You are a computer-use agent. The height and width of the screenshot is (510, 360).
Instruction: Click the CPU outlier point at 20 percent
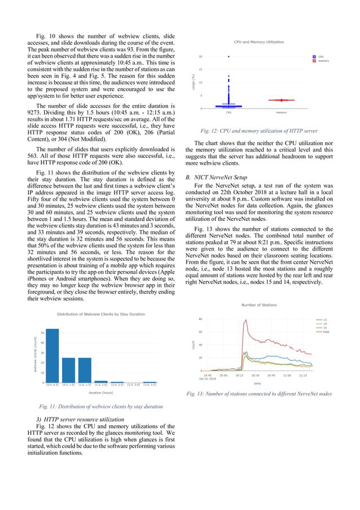coord(229,56)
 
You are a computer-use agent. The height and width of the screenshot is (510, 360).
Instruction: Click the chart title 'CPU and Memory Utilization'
coord(259,42)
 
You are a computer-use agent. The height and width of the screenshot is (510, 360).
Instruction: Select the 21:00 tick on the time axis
coord(287,374)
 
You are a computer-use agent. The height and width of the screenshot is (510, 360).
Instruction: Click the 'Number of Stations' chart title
coord(259,305)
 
